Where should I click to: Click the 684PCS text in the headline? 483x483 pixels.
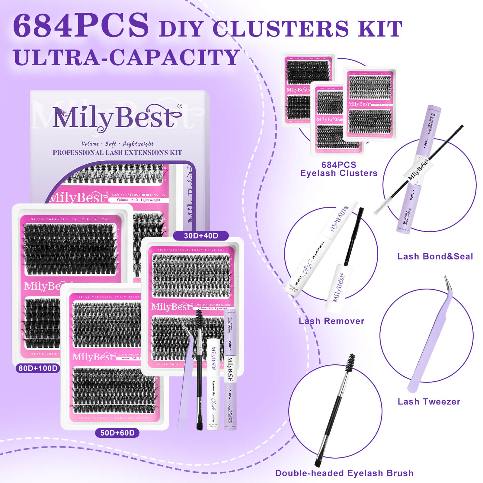[x=81, y=25]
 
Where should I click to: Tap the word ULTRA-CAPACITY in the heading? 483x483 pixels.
[x=127, y=57]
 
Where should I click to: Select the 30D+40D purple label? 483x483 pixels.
[x=201, y=236]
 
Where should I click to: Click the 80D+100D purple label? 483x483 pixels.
[x=38, y=368]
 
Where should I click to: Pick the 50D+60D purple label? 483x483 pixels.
[x=117, y=433]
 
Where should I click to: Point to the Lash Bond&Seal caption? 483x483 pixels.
[x=435, y=256]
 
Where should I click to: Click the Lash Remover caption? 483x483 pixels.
[x=331, y=321]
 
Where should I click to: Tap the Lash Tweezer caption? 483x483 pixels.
[x=429, y=401]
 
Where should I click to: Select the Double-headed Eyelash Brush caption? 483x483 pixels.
[x=344, y=473]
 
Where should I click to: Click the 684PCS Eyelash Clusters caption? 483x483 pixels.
[x=339, y=169]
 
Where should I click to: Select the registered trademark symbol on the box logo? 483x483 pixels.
[x=180, y=106]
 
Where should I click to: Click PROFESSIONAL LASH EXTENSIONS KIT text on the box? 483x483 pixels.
[x=117, y=152]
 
